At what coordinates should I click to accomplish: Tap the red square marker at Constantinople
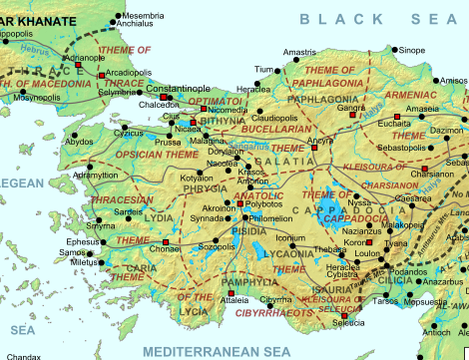tap(165, 97)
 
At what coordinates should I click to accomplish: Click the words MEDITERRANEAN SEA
tap(216, 351)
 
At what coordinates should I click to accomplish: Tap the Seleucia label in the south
tap(348, 323)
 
